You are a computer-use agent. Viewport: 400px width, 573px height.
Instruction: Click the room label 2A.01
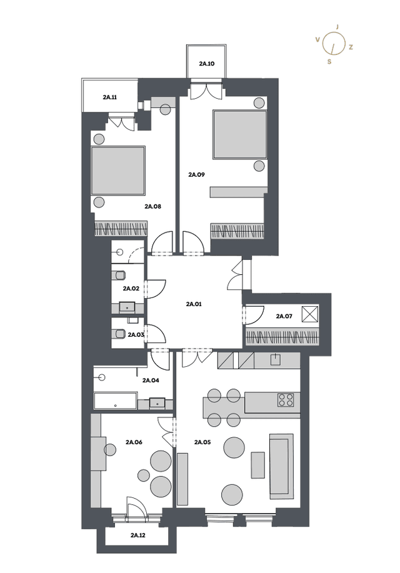(x=194, y=304)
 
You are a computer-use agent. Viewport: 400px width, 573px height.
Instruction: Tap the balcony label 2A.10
(x=207, y=64)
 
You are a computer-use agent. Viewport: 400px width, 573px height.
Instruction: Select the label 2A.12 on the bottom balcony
(x=138, y=536)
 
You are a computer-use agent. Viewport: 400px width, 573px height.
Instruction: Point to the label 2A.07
(x=284, y=316)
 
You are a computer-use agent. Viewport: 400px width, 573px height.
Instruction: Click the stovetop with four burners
(x=286, y=400)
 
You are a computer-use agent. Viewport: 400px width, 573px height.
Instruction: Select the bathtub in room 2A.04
(x=116, y=401)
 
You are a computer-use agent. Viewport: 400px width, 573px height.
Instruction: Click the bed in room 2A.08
(x=117, y=171)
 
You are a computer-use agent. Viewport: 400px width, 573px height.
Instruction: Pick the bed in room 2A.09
(x=240, y=134)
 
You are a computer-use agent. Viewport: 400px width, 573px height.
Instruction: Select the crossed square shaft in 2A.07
(x=310, y=314)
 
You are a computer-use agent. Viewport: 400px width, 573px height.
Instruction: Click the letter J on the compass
(x=337, y=27)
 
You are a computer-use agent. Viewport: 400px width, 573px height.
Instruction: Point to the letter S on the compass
(x=329, y=62)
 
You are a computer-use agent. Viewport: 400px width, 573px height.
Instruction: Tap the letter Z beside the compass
(x=351, y=47)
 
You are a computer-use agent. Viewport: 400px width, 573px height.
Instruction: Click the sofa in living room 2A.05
(x=281, y=466)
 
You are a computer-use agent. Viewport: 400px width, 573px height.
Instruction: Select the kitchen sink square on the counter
(x=276, y=359)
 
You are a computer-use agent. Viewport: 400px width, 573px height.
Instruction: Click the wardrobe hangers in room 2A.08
(x=121, y=229)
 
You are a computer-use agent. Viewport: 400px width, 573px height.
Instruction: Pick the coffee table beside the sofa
(x=257, y=465)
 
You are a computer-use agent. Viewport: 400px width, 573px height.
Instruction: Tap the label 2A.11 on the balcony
(x=110, y=97)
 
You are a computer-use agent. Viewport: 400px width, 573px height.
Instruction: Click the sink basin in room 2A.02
(x=127, y=307)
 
